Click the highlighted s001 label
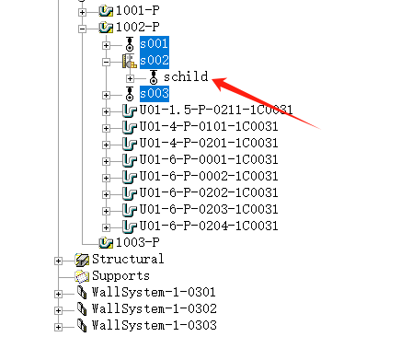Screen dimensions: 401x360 [x=155, y=44]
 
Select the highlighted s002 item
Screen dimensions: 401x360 [x=155, y=61]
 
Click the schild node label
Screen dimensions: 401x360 [x=186, y=76]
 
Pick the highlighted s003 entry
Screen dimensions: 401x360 [x=155, y=94]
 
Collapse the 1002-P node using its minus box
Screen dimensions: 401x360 [x=82, y=29]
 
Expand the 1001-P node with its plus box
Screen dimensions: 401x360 [x=82, y=12]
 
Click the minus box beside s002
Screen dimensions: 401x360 [x=106, y=62]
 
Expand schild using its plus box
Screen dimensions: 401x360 [x=130, y=78]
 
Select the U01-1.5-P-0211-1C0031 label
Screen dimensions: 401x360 [x=216, y=110]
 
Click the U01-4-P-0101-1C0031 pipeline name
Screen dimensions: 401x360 [x=209, y=126]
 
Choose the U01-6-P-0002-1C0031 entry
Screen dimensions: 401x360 [x=209, y=176]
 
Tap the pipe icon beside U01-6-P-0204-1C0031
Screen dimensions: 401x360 [x=129, y=226]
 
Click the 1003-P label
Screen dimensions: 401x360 [x=138, y=242]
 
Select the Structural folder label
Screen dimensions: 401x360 [x=128, y=259]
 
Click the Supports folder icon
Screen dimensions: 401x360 [x=82, y=276]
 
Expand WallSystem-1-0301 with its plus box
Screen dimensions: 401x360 [x=58, y=294]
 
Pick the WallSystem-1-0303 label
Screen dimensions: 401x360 [x=155, y=325]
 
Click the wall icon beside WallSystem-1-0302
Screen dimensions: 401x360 [x=82, y=308]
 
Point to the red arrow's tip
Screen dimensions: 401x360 [x=212, y=80]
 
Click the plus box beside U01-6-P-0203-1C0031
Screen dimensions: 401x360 [x=106, y=211]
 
